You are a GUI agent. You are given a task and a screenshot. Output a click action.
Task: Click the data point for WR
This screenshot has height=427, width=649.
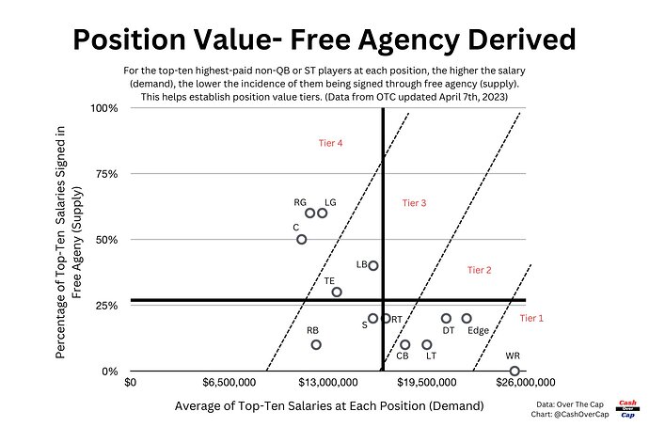514,371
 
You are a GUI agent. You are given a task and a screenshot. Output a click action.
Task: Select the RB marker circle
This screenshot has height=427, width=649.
316,344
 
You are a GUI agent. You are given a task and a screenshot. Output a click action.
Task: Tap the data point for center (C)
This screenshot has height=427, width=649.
301,239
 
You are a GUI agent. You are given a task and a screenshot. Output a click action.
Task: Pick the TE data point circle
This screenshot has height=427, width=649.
337,292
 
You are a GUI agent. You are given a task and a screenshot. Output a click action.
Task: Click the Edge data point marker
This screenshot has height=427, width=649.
467,318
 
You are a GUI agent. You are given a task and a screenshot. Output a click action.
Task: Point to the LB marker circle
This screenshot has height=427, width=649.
373,265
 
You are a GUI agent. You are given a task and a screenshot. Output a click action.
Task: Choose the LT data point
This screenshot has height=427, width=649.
426,344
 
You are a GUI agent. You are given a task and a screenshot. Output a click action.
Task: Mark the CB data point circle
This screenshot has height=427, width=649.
404,344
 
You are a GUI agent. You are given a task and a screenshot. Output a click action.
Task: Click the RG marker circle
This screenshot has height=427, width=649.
309,213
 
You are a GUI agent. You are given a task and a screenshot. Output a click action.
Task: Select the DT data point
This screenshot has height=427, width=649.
446,318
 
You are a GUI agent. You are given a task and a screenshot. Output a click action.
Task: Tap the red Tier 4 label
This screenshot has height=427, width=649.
331,143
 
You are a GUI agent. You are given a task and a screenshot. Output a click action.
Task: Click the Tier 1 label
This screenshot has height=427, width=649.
531,318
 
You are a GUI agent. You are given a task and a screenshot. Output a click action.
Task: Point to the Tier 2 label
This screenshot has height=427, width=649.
480,270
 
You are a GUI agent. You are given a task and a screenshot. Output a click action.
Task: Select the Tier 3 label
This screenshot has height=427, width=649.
414,202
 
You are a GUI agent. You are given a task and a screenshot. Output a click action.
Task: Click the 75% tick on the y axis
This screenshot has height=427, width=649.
104,174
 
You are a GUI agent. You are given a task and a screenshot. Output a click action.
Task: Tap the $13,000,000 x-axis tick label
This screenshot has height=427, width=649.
323,384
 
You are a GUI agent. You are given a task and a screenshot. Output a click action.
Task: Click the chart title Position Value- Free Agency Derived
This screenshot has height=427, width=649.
324,40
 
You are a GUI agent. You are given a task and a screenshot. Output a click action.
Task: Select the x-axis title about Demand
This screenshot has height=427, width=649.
328,405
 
